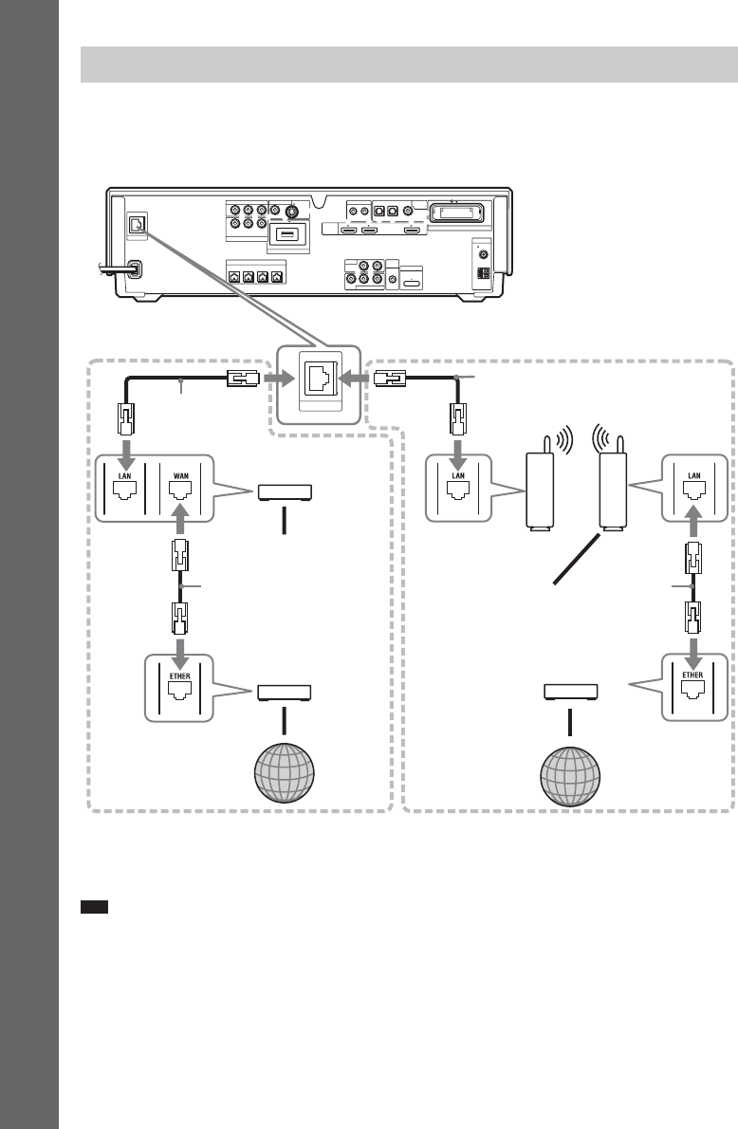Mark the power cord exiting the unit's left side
(x=112, y=270)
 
